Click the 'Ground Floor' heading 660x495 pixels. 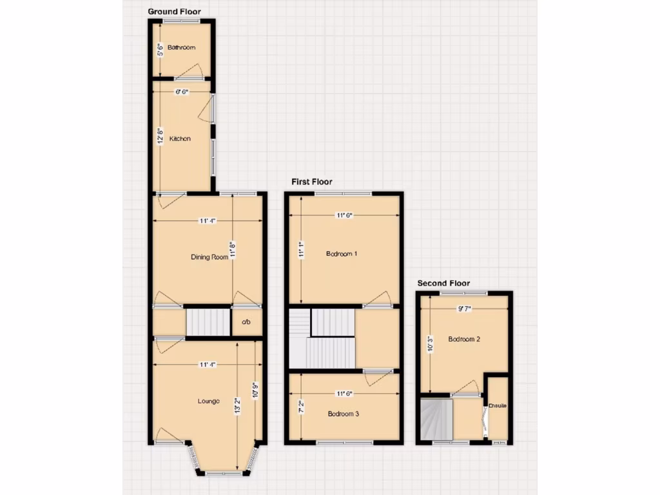(174, 12)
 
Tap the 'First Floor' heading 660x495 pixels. (312, 182)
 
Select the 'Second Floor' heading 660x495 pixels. (443, 283)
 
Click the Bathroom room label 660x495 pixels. (181, 48)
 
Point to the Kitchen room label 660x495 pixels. (180, 139)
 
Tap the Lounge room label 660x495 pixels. (208, 401)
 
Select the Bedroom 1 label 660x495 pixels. (342, 254)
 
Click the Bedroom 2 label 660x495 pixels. (464, 339)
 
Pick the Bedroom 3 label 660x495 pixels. (343, 414)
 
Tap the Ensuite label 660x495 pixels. (498, 406)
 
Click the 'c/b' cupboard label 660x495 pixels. (246, 322)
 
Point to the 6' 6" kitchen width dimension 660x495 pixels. (182, 92)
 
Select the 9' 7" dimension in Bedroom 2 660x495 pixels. (463, 309)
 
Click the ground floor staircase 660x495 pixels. (208, 322)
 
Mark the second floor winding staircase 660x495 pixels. (436, 419)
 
